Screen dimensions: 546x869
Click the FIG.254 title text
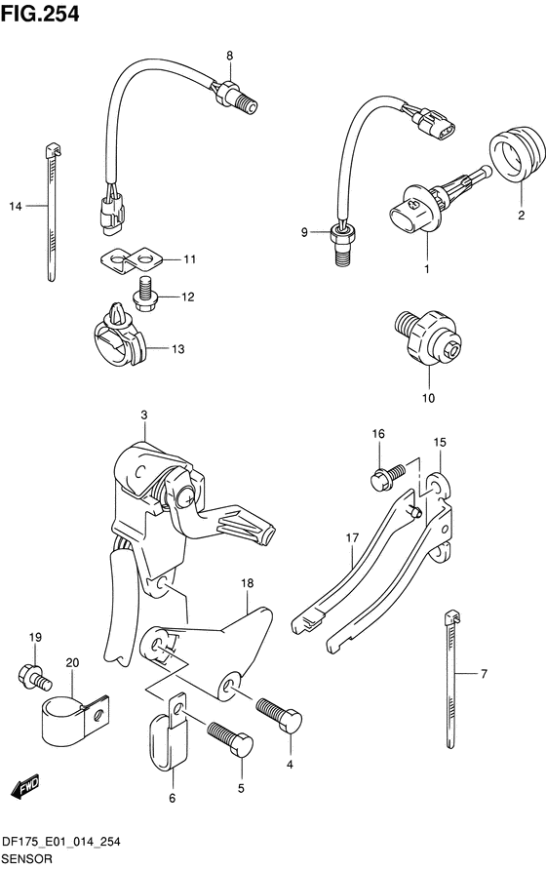[40, 14]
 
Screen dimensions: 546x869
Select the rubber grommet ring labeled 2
[517, 154]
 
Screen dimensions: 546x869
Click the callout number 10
[428, 398]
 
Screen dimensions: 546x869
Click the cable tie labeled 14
[52, 213]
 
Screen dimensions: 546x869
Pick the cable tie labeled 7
[451, 679]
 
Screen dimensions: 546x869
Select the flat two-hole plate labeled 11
[132, 260]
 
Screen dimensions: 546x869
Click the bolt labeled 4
[280, 714]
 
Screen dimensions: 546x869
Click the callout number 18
[248, 583]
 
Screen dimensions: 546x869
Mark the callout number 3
[143, 415]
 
